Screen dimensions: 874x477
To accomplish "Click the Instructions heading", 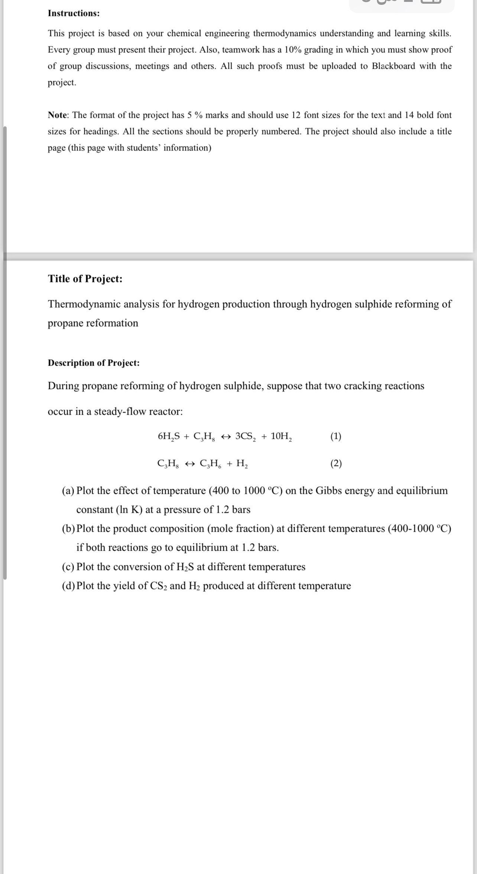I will pos(74,13).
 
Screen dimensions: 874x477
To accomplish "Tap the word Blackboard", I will pos(393,66).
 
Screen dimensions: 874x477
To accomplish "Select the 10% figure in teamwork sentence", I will pos(293,50).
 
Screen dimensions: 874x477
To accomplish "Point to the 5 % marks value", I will pos(195,115).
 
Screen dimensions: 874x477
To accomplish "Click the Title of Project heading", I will pos(85,279).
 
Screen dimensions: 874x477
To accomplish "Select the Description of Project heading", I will pos(94,363).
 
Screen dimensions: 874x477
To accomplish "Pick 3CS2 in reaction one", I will pos(246,437).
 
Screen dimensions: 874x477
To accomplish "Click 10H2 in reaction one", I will pos(281,437).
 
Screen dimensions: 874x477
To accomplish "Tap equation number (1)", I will pos(336,436).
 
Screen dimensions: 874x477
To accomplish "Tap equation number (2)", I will pos(336,463).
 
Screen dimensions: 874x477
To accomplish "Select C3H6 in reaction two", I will pos(211,464).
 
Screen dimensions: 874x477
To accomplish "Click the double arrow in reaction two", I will pos(189,464).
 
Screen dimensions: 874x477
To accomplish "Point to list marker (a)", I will pos(68,491).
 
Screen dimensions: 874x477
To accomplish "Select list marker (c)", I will pos(68,567).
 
